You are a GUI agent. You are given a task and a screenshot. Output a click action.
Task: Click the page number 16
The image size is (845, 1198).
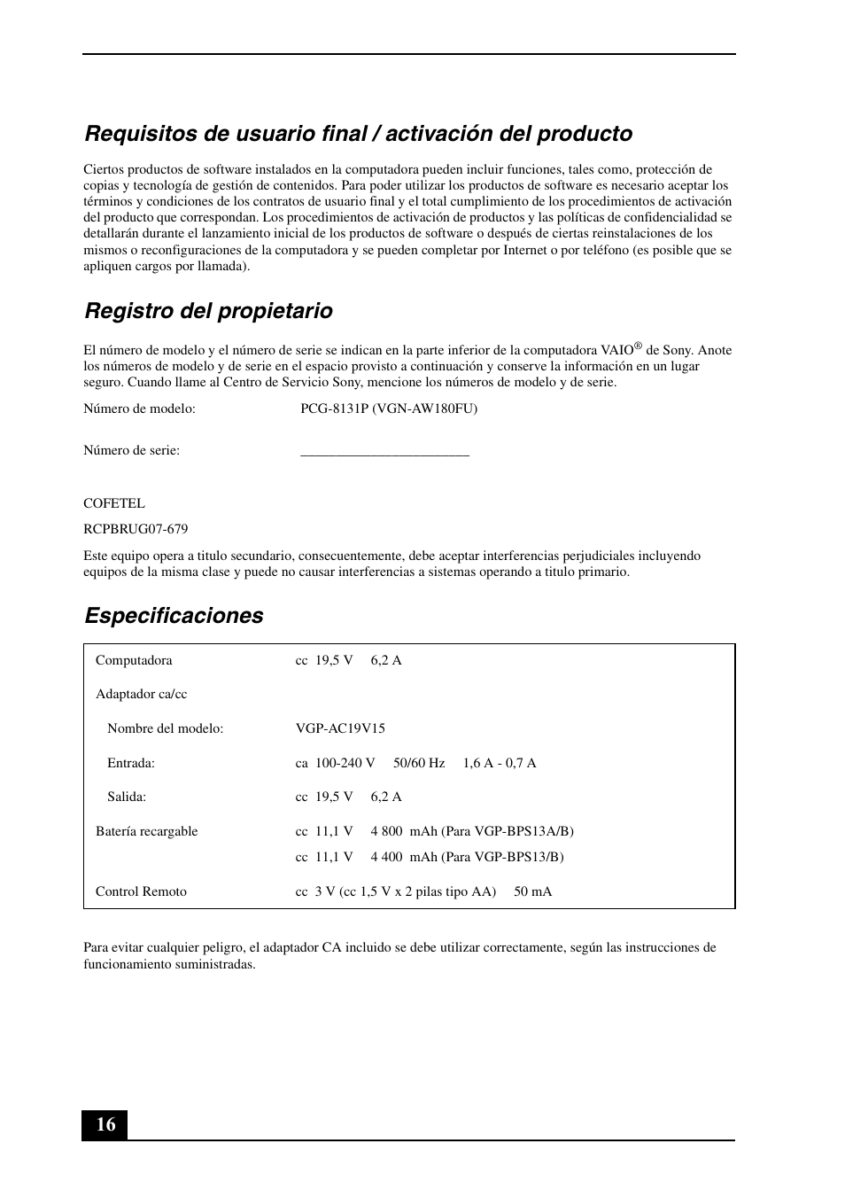105,1124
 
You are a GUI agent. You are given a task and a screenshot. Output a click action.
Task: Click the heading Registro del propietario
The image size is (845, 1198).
208,311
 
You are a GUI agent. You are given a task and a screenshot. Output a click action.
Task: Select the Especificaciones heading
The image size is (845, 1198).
174,616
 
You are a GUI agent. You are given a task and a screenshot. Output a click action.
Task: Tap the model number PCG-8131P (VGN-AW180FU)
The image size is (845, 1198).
388,408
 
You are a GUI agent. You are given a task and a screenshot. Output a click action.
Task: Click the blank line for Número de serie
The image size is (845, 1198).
384,452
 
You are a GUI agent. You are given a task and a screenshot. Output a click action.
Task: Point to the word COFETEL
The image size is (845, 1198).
114,503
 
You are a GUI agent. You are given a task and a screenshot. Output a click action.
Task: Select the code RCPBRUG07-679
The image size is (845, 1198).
136,529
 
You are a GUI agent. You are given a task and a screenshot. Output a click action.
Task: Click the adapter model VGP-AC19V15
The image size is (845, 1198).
340,728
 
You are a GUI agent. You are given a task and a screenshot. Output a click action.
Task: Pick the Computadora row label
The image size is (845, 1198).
134,660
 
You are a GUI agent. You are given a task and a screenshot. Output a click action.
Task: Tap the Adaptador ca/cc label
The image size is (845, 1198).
142,694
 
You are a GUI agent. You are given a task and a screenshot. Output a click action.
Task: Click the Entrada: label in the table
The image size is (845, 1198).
131,763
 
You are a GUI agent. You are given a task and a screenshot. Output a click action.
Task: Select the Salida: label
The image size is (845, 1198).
127,797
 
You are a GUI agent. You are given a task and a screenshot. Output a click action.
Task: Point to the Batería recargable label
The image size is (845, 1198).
147,831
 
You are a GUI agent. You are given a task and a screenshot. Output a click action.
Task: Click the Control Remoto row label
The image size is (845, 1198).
141,891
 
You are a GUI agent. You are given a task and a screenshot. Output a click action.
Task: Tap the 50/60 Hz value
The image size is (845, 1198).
419,763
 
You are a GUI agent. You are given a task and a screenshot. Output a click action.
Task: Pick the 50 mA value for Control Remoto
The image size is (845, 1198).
532,891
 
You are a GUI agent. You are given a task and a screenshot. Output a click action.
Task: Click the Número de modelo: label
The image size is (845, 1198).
139,408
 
